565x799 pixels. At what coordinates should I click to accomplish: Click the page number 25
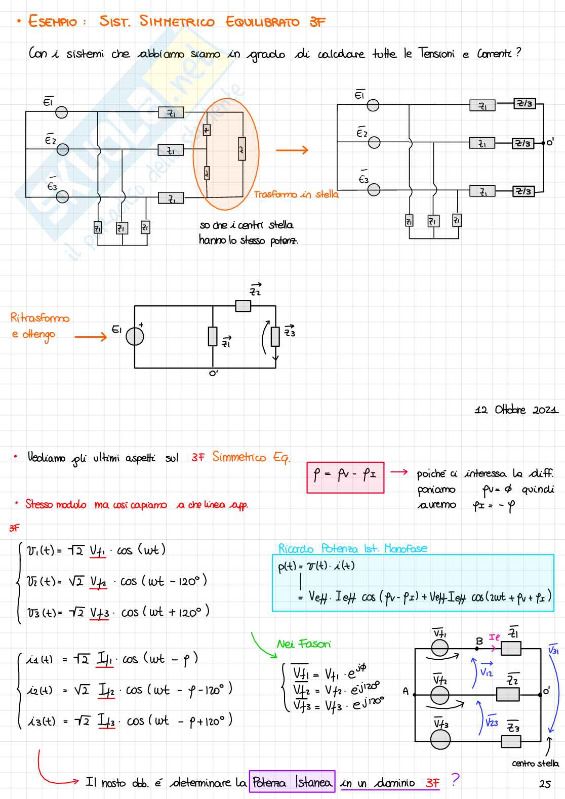coord(545,784)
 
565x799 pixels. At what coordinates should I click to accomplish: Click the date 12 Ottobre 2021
coord(516,410)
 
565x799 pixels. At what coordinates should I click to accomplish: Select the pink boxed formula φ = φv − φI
coord(345,477)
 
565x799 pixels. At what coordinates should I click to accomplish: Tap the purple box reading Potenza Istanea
coord(292,782)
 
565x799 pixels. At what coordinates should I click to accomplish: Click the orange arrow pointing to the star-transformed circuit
coord(292,150)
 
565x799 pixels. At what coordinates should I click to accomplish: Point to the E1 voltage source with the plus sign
coord(135,336)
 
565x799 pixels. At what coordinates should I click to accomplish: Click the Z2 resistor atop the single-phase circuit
coord(243,306)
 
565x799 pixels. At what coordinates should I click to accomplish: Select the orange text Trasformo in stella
coord(296,194)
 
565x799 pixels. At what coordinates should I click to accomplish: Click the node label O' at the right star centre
coord(550,142)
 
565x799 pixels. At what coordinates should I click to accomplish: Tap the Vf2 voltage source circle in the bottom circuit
coord(439,695)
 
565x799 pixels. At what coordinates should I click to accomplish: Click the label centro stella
coord(535,763)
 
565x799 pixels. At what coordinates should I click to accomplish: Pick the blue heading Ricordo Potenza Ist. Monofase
coord(352,548)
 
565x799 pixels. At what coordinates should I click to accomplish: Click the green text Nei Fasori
coord(304,644)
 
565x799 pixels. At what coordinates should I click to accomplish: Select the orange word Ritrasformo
coord(40,318)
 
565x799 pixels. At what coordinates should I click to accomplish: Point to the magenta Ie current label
coord(494,637)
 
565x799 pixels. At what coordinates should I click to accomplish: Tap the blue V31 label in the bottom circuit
coord(553,649)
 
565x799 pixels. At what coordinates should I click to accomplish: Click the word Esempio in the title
coord(53,22)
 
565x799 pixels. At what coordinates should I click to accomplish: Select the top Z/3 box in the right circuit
coord(524,104)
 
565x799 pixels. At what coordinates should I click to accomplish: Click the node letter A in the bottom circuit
coord(406,691)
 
